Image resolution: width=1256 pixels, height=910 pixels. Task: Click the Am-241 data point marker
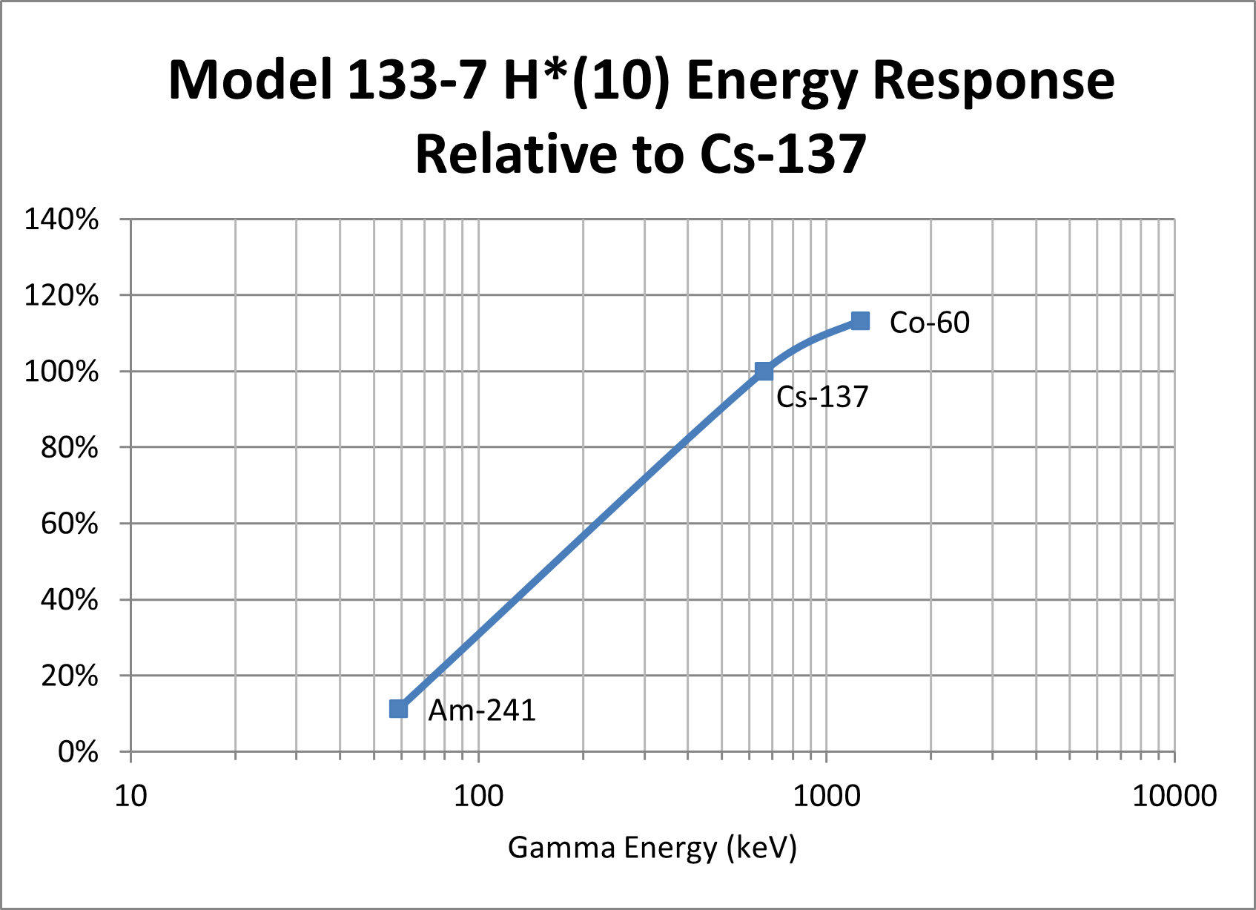398,709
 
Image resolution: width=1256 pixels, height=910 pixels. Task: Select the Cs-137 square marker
764,371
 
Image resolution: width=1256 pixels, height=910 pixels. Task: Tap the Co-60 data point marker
860,321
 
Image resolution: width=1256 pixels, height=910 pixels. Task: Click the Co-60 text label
929,323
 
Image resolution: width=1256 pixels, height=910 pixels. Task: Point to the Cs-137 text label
822,398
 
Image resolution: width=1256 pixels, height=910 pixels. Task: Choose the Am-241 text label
482,710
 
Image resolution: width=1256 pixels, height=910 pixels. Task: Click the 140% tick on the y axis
62,220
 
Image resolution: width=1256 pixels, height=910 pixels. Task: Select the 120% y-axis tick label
62,296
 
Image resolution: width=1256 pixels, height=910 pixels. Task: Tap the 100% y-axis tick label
62,372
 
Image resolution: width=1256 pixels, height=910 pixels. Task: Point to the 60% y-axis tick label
69,524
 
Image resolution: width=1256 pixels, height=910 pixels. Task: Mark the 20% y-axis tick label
69,676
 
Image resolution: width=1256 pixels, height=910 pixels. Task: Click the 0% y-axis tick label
77,753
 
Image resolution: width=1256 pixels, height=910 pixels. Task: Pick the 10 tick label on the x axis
131,797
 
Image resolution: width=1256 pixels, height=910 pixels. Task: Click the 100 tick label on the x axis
478,797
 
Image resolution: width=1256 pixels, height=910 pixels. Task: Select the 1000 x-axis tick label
826,797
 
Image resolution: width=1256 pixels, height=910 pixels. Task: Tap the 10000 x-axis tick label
1174,797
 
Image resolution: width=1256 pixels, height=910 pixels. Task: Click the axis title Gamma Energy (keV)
652,847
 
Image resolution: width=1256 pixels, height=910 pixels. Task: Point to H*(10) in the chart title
586,80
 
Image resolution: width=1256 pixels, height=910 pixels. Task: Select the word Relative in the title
515,154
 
